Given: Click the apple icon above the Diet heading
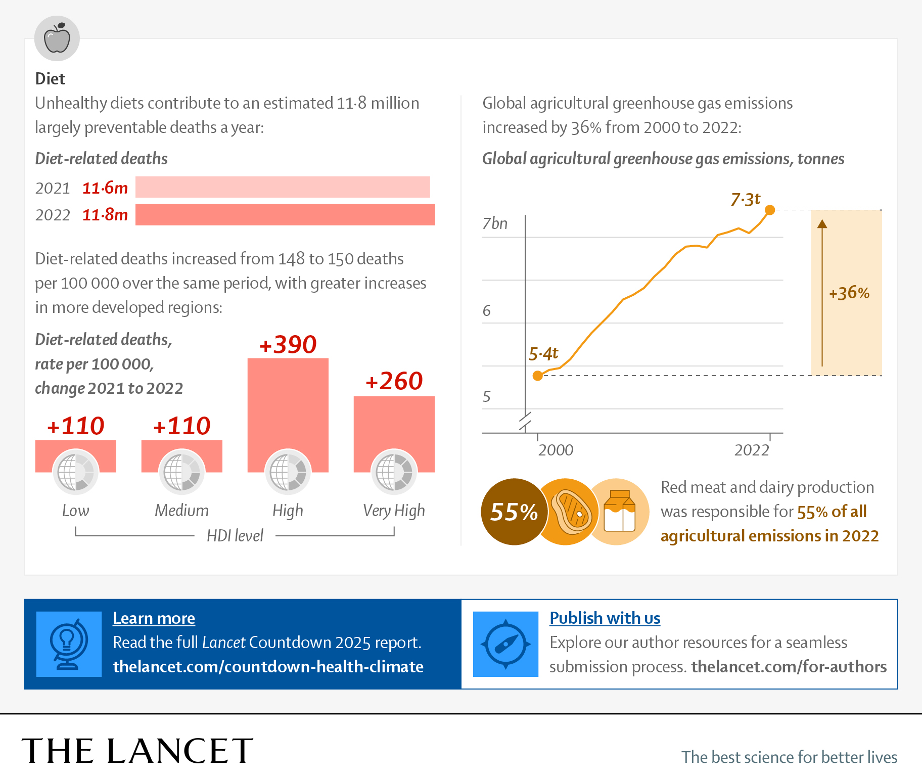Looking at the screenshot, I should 57,38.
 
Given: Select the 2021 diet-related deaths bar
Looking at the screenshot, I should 282,187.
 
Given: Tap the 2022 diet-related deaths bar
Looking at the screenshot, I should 285,214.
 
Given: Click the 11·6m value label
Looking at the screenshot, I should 105,188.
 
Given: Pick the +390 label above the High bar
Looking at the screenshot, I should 288,345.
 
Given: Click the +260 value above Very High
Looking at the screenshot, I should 394,381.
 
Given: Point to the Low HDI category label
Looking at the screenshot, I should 75,510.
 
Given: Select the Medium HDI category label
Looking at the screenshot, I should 181,510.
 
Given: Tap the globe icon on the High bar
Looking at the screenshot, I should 288,472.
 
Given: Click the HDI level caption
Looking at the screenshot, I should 235,535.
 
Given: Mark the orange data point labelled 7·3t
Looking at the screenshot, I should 770,210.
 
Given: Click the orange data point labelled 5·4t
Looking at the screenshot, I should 538,376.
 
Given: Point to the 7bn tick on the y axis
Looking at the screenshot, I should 494,223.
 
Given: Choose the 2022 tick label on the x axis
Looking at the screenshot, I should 752,450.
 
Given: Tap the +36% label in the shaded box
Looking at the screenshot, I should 849,293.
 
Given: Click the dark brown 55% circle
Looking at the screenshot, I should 514,512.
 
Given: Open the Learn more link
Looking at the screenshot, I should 154,618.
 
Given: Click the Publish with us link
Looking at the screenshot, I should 605,618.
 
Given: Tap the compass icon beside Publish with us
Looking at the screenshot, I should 505,644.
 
